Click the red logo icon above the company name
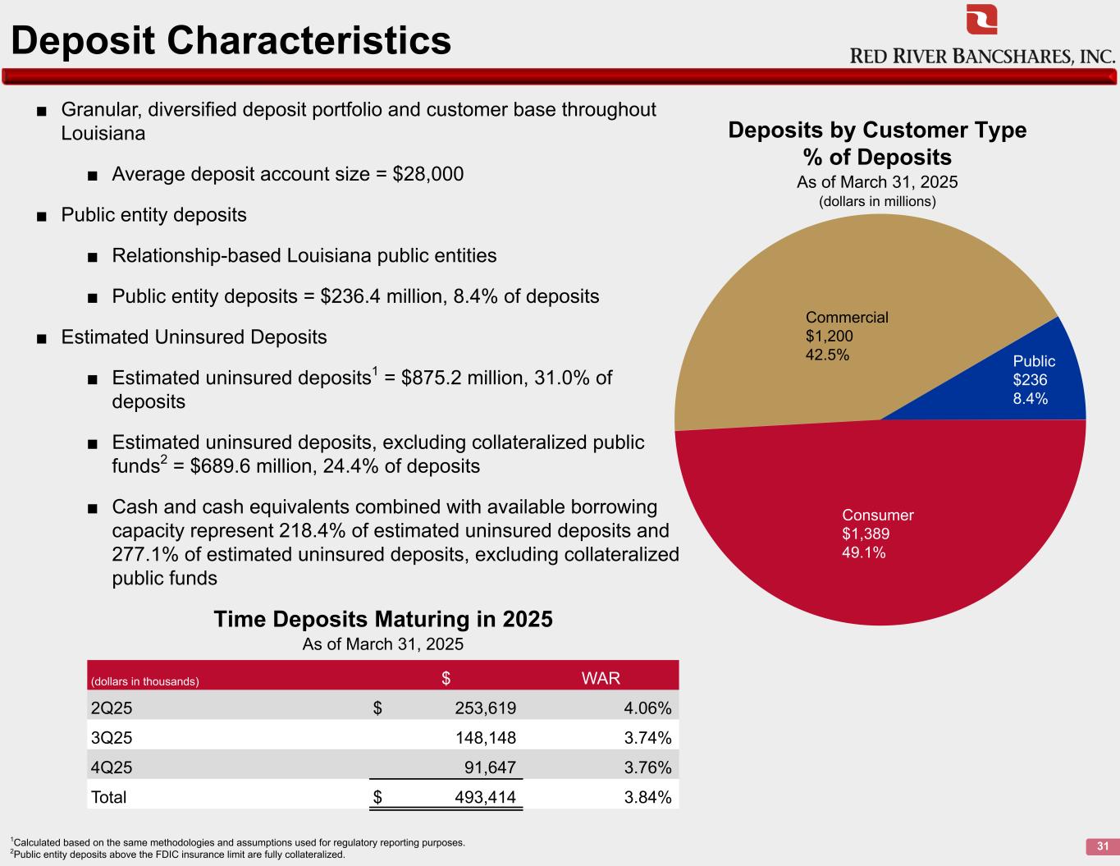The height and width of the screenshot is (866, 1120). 981,20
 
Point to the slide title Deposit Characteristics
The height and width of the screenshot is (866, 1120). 231,39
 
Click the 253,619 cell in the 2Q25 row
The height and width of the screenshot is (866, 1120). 485,708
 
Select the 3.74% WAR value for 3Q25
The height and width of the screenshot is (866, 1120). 647,738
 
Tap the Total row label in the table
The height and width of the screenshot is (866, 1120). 108,797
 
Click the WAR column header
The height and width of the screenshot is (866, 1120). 601,678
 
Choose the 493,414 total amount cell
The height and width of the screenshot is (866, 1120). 485,797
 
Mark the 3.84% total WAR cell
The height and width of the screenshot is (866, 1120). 647,797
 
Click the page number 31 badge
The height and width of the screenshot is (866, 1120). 1102,846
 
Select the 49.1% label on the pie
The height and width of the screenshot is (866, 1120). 863,552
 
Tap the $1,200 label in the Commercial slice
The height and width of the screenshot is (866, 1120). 829,336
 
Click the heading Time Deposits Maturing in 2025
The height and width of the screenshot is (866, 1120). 383,619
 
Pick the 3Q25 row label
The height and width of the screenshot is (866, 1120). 112,738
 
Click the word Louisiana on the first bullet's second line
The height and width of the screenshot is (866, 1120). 103,134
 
